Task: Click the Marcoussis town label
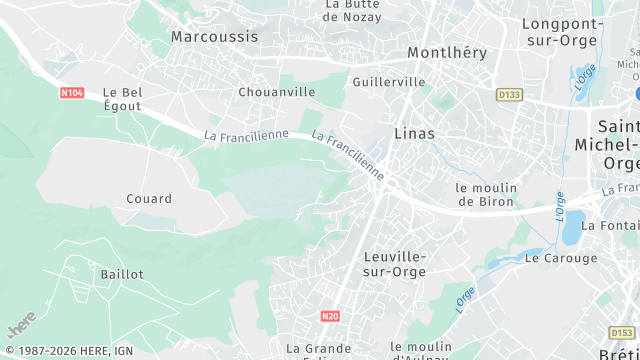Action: point(214,36)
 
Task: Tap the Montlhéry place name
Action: point(446,52)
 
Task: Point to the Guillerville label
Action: point(389,82)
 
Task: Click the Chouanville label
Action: point(277,92)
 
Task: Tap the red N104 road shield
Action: point(70,93)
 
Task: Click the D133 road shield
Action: point(509,95)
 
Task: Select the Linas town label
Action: point(414,132)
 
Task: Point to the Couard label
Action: point(149,199)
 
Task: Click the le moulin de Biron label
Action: point(486,194)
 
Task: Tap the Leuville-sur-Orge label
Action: point(394,263)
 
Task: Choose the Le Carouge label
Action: point(561,258)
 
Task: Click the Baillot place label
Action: point(122,273)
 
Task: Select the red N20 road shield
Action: point(331,316)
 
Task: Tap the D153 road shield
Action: point(621,332)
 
